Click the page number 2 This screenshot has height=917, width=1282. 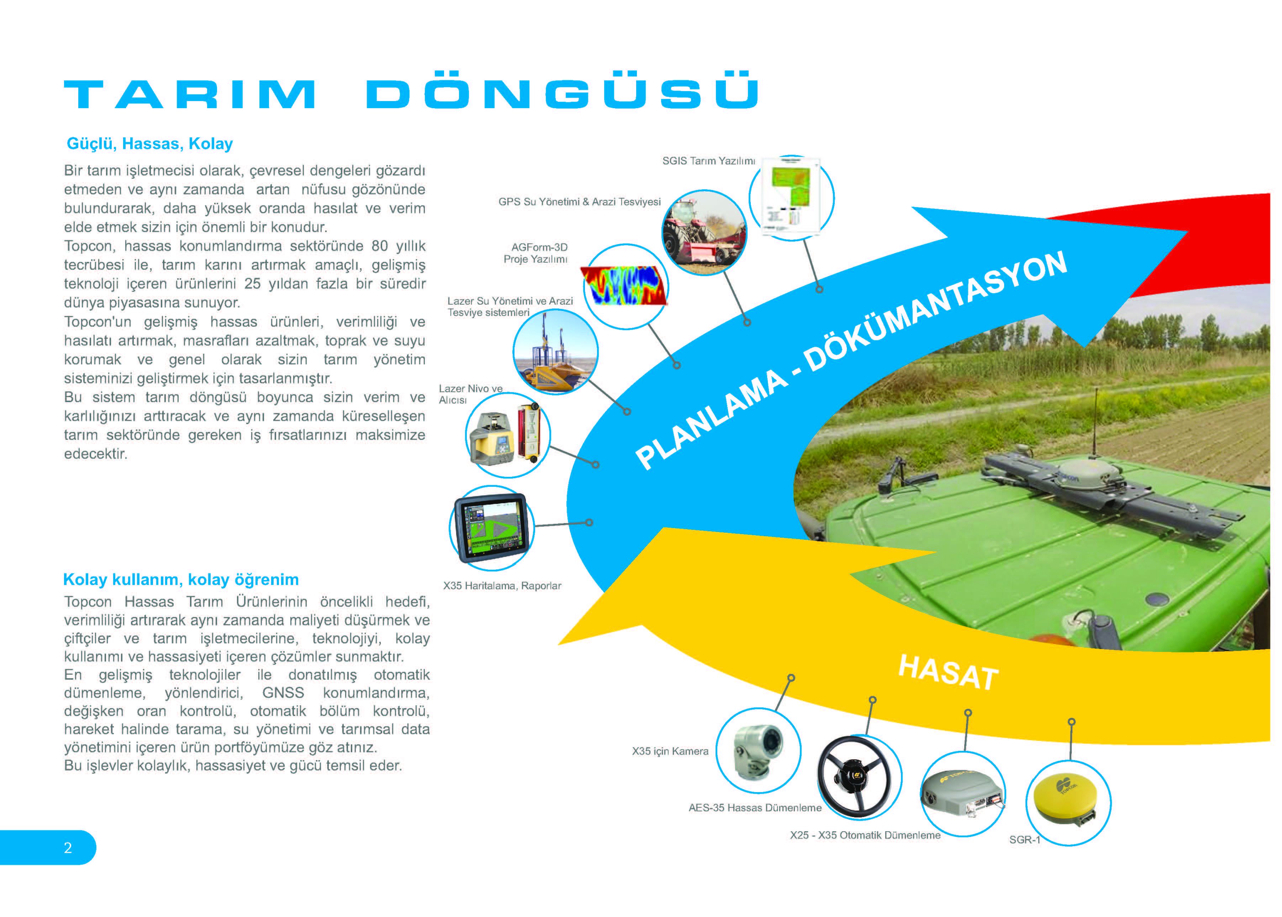pos(68,848)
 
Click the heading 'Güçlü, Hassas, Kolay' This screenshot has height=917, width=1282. pos(149,144)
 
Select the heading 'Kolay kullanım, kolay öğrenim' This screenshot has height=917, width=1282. pos(181,580)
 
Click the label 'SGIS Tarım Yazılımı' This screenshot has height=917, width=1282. pos(708,161)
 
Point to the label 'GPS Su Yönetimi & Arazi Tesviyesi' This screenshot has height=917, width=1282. pos(579,201)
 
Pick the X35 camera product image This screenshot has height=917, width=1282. pos(758,750)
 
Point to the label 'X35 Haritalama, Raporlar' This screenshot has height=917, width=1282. pos(502,586)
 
